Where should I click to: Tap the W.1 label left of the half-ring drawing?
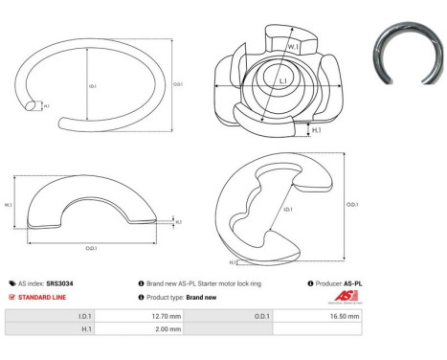click(x=9, y=205)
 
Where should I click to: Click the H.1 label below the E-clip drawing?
click(x=233, y=261)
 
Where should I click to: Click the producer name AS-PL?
click(x=352, y=283)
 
